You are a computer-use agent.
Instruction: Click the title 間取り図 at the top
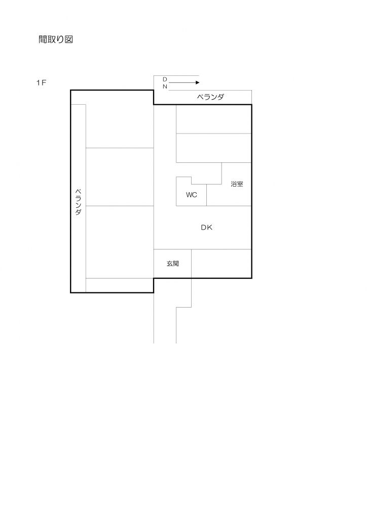pyautogui.click(x=56, y=40)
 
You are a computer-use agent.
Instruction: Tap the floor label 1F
pyautogui.click(x=41, y=83)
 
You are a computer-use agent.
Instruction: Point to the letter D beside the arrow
pyautogui.click(x=165, y=79)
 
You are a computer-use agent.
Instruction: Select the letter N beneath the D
pyautogui.click(x=165, y=87)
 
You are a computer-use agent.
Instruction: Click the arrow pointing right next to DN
pyautogui.click(x=185, y=82)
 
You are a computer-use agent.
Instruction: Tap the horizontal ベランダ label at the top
pyautogui.click(x=210, y=97)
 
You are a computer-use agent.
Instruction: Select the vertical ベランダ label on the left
pyautogui.click(x=78, y=202)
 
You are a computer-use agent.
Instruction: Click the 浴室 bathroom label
pyautogui.click(x=237, y=184)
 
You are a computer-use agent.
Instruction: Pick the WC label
pyautogui.click(x=191, y=195)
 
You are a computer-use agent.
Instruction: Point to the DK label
pyautogui.click(x=206, y=228)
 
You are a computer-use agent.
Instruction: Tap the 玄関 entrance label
pyautogui.click(x=172, y=264)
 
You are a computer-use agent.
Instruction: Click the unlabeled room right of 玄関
pyautogui.click(x=221, y=264)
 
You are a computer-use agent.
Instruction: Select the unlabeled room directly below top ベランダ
pyautogui.click(x=213, y=119)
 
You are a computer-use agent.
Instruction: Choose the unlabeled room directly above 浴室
pyautogui.click(x=213, y=148)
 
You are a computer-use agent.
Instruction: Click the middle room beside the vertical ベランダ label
pyautogui.click(x=120, y=177)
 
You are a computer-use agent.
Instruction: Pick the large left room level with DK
pyautogui.click(x=120, y=241)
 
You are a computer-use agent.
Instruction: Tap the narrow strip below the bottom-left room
pyautogui.click(x=120, y=285)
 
